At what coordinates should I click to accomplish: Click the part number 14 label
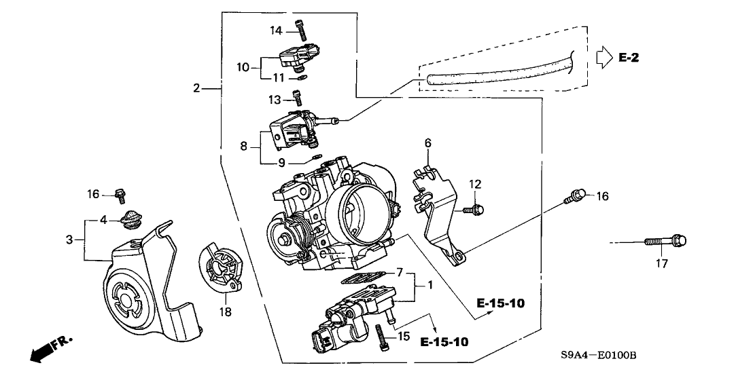(x=275, y=30)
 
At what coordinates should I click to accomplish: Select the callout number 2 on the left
(x=196, y=88)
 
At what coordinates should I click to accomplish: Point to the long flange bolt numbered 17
(x=663, y=241)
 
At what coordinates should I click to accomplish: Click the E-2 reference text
(x=629, y=58)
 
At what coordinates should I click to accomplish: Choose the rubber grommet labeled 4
(x=129, y=220)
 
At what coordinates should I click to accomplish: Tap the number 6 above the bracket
(x=427, y=143)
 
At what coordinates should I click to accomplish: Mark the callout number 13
(x=274, y=100)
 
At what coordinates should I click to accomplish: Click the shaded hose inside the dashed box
(x=496, y=74)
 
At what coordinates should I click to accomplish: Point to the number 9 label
(x=281, y=162)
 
